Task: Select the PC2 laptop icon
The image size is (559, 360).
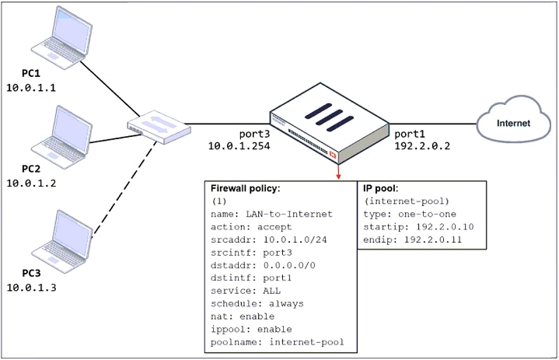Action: point(61,138)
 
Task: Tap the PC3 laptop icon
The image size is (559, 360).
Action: point(61,242)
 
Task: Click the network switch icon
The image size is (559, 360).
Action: point(159,127)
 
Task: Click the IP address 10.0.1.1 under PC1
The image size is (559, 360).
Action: point(31,88)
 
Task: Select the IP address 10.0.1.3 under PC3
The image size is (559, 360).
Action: point(31,288)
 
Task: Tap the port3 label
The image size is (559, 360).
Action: point(254,134)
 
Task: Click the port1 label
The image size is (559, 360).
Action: point(410,134)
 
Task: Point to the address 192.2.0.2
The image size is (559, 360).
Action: point(422,145)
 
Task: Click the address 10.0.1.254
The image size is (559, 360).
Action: point(239,145)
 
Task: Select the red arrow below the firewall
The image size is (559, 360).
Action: point(338,172)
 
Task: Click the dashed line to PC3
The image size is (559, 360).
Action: point(124,189)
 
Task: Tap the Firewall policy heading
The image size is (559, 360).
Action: point(245,188)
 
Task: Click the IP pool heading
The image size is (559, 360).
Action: point(380,188)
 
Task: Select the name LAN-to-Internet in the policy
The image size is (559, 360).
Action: point(289,214)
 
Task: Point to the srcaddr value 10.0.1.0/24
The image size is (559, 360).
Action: point(295,239)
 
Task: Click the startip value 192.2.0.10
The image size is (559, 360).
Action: point(445,227)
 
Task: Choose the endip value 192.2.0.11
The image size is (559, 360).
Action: point(433,239)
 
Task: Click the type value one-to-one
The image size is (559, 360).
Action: point(427,214)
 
